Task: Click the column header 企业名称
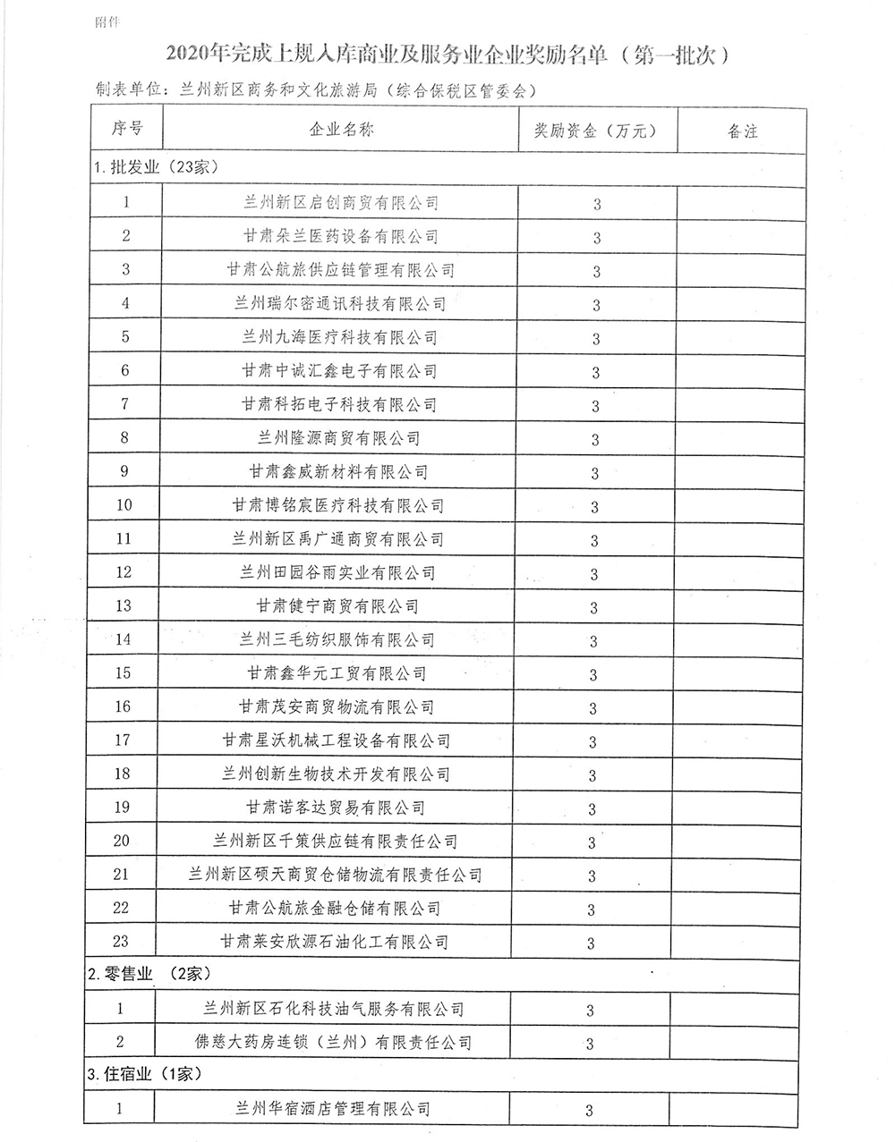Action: (x=341, y=130)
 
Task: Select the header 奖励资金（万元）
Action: (x=595, y=131)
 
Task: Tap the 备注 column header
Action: (x=742, y=131)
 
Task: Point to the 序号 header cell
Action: (x=126, y=128)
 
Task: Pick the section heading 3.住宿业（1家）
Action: (x=145, y=1074)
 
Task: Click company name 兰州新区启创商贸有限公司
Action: (x=341, y=203)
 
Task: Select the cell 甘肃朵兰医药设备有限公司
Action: (x=341, y=237)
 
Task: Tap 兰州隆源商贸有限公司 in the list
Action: (x=339, y=438)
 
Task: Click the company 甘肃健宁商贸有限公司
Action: (x=338, y=606)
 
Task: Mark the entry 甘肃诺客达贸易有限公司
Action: (x=336, y=808)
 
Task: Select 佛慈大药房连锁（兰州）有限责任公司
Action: (x=333, y=1043)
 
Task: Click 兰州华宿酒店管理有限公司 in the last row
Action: (x=332, y=1109)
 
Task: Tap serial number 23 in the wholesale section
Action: (x=121, y=941)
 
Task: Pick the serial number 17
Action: (x=122, y=740)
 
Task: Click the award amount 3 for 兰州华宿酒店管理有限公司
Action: (x=590, y=1111)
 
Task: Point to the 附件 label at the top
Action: (x=107, y=20)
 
